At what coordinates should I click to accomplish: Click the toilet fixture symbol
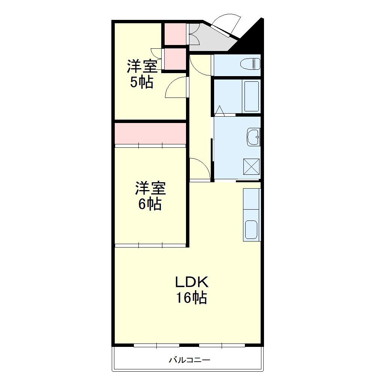pyautogui.click(x=250, y=64)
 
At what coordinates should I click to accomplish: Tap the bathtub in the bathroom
pyautogui.click(x=251, y=97)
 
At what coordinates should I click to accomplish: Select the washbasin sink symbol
pyautogui.click(x=253, y=137)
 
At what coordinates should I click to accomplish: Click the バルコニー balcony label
pyautogui.click(x=190, y=360)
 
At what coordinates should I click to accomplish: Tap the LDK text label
pyautogui.click(x=192, y=282)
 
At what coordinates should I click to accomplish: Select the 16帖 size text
pyautogui.click(x=191, y=297)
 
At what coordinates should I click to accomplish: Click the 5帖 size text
pyautogui.click(x=142, y=82)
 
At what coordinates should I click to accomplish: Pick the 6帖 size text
pyautogui.click(x=150, y=204)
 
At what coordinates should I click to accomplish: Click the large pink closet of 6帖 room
pyautogui.click(x=150, y=134)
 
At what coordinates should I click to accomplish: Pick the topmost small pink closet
pyautogui.click(x=175, y=34)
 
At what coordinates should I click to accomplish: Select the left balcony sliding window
pyautogui.click(x=156, y=345)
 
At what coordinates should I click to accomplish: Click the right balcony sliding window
pyautogui.click(x=222, y=345)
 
